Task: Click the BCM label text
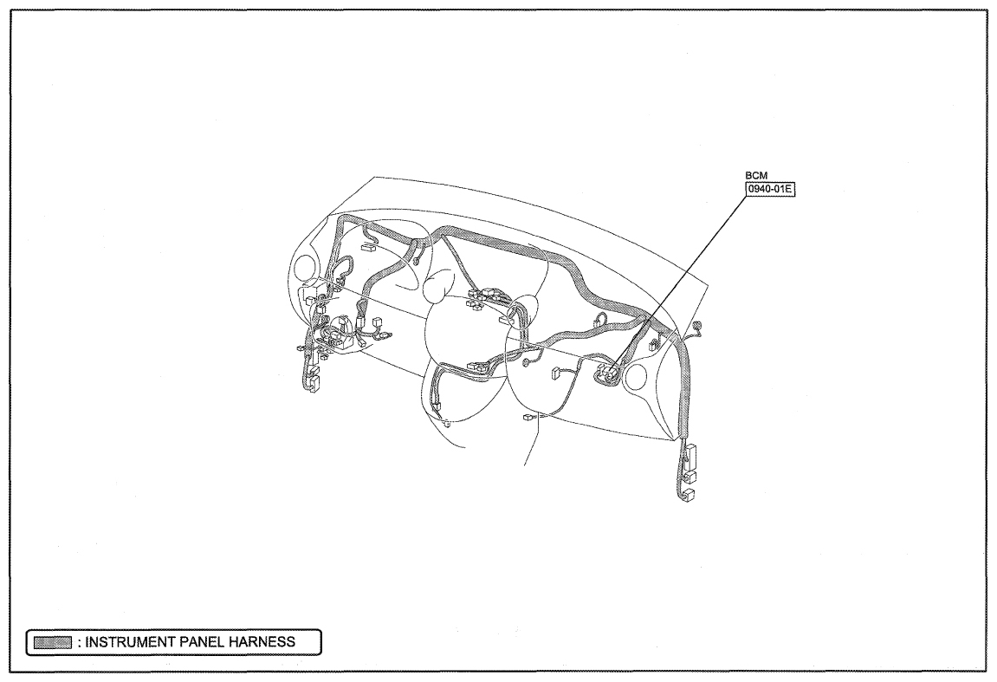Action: pyautogui.click(x=756, y=175)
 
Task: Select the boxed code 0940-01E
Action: pyautogui.click(x=771, y=189)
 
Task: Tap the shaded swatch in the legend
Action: pyautogui.click(x=52, y=642)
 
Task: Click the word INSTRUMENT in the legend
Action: pyautogui.click(x=130, y=642)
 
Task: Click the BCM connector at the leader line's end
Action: pyautogui.click(x=607, y=374)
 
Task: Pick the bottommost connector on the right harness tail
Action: pyautogui.click(x=689, y=494)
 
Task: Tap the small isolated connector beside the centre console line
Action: pyautogui.click(x=528, y=418)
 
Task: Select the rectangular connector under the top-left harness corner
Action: pyautogui.click(x=367, y=248)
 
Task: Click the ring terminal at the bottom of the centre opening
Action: pyautogui.click(x=446, y=422)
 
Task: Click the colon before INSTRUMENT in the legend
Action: pyautogui.click(x=79, y=642)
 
